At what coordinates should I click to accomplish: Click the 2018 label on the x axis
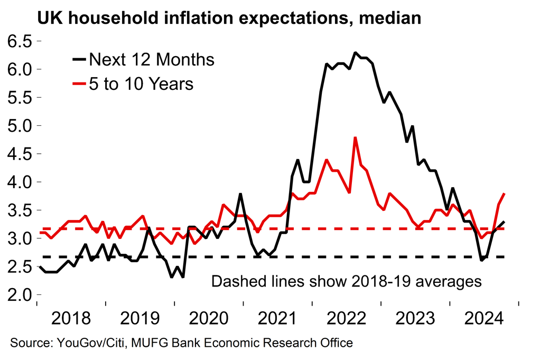[x=72, y=319]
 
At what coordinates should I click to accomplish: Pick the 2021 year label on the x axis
[x=278, y=319]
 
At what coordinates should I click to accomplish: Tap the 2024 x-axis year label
[x=485, y=319]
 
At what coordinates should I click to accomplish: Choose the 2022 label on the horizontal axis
[x=347, y=319]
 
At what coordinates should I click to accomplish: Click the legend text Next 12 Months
[x=152, y=59]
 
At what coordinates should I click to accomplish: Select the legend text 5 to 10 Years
[x=141, y=83]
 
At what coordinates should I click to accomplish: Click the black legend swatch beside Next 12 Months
[x=80, y=59]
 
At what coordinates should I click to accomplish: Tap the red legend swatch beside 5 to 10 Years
[x=80, y=83]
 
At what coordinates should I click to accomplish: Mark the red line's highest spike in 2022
[x=356, y=137]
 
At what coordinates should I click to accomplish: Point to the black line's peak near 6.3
[x=356, y=53]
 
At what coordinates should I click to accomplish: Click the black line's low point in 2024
[x=481, y=260]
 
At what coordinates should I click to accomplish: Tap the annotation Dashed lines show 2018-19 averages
[x=346, y=280]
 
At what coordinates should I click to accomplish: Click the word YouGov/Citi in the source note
[x=88, y=343]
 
